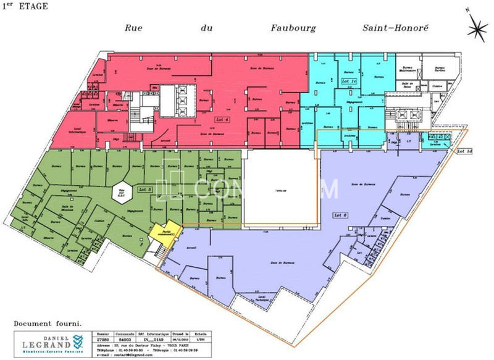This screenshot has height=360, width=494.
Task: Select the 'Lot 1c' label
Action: pos(349,81)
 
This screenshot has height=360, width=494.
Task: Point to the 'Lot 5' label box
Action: pos(145,188)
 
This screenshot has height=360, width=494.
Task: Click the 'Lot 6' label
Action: pos(341,214)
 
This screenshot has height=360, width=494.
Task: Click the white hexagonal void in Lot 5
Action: pos(122,193)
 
